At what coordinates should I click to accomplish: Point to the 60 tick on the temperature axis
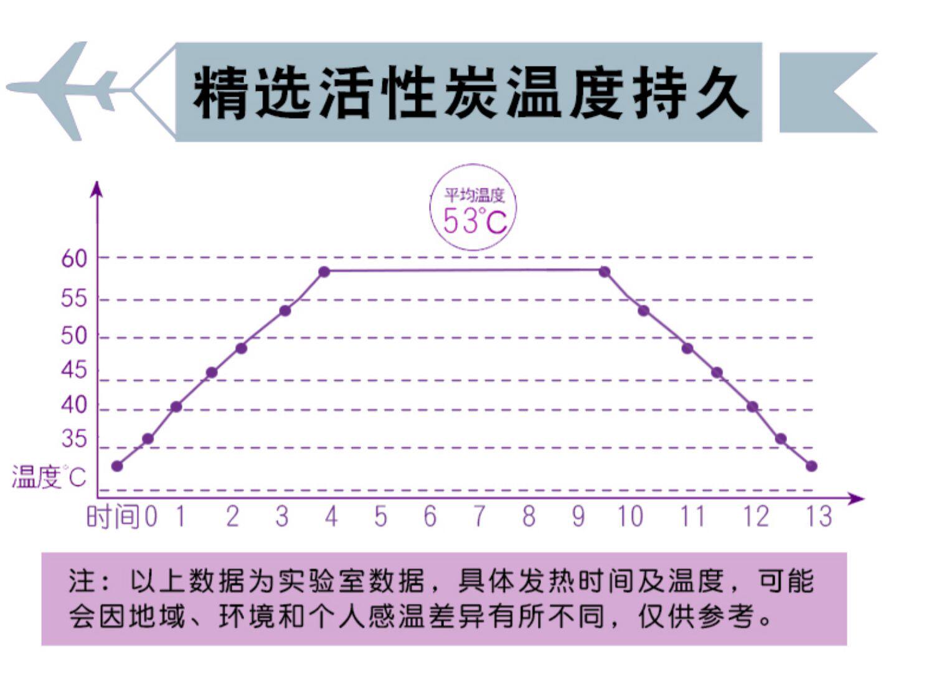pyautogui.click(x=74, y=258)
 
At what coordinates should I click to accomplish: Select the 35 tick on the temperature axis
pyautogui.click(x=74, y=439)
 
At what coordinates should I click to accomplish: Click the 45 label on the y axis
pyautogui.click(x=74, y=370)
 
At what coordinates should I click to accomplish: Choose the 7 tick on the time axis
pyautogui.click(x=479, y=517)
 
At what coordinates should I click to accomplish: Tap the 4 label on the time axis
pyautogui.click(x=331, y=517)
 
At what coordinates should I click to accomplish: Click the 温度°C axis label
pyautogui.click(x=49, y=477)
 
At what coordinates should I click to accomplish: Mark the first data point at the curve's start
pyautogui.click(x=117, y=466)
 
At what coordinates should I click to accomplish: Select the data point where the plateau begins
pyautogui.click(x=324, y=271)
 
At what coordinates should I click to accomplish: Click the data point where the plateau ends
pyautogui.click(x=604, y=271)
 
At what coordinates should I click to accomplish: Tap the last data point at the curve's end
pyautogui.click(x=811, y=466)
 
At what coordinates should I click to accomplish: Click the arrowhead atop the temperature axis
pyautogui.click(x=97, y=188)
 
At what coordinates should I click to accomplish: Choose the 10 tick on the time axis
pyautogui.click(x=630, y=517)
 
